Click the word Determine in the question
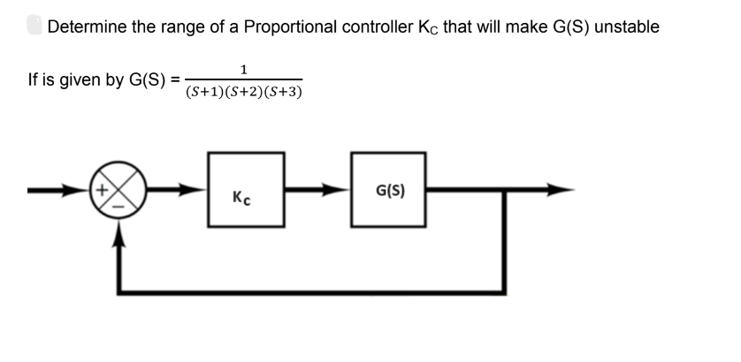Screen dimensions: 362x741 pos(86,26)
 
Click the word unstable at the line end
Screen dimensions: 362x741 pos(627,26)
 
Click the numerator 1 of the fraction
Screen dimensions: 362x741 pos(243,69)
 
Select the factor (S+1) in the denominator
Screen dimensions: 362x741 pos(203,90)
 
